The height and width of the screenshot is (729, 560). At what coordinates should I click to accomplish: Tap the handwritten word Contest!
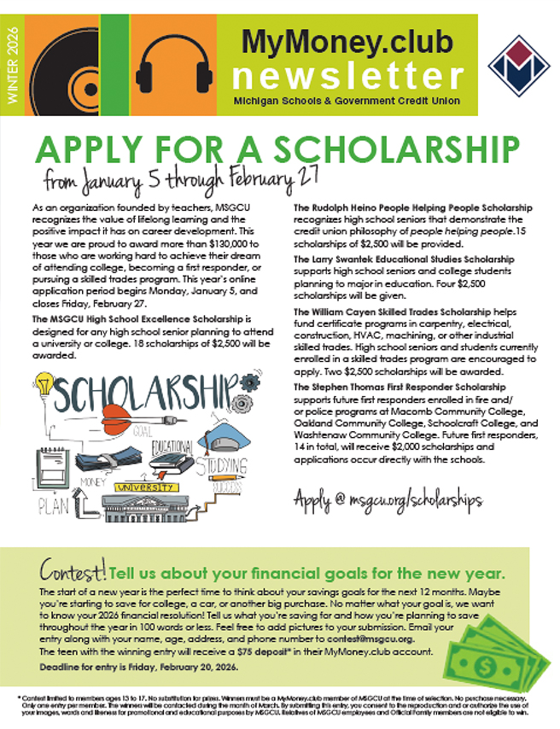72,570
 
